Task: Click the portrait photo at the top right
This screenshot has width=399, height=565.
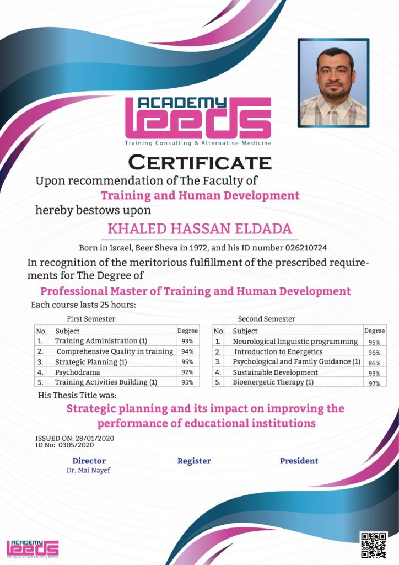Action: (333, 83)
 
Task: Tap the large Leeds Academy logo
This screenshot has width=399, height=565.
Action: (198, 121)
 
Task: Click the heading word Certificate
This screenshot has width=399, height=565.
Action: (199, 163)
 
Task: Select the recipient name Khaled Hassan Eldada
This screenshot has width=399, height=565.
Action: (199, 228)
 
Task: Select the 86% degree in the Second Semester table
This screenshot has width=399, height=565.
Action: (375, 363)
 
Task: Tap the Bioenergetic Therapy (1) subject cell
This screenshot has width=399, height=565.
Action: (273, 382)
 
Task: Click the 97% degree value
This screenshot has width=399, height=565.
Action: (375, 383)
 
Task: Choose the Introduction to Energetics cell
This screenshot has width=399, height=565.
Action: (278, 352)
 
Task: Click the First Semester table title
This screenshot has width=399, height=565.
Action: (91, 319)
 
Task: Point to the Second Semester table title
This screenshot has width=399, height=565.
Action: (266, 319)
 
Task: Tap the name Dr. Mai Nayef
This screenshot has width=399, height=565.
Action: (88, 470)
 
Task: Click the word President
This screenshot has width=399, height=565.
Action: (299, 461)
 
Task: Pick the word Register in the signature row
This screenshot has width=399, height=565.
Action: (194, 461)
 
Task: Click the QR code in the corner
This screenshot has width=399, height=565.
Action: (374, 545)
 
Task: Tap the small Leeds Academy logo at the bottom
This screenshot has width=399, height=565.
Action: (33, 547)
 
